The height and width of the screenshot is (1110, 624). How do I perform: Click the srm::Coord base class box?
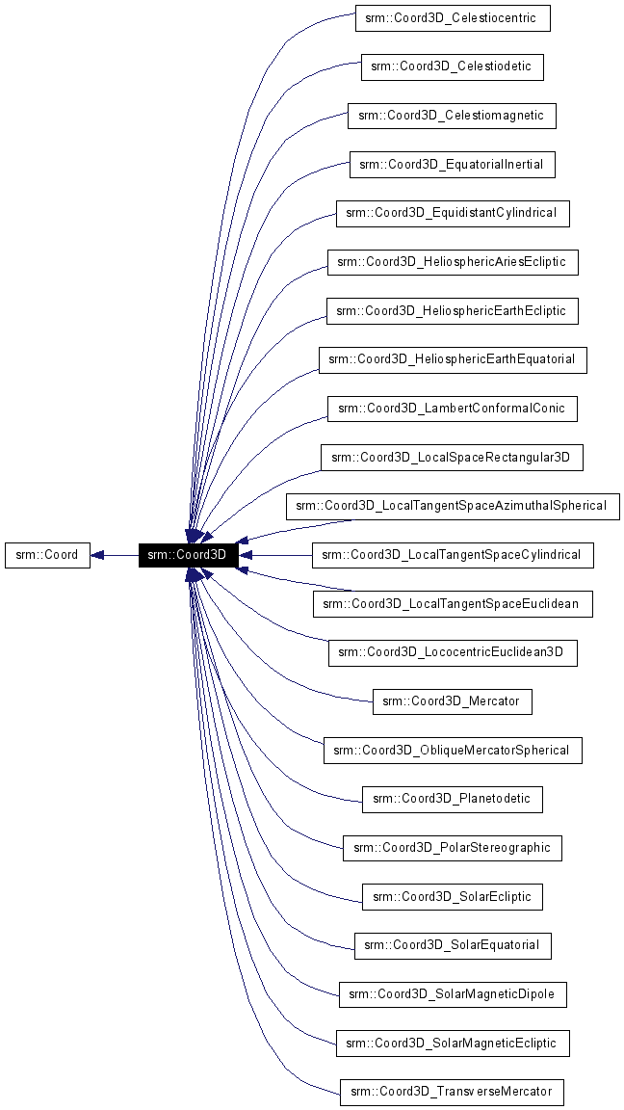click(x=47, y=555)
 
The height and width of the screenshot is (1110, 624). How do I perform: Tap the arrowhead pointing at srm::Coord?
click(x=98, y=555)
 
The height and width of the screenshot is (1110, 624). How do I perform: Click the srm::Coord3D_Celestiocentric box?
click(x=452, y=17)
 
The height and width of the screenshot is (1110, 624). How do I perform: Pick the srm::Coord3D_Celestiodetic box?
click(x=452, y=66)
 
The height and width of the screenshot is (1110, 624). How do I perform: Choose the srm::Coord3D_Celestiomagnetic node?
click(x=452, y=116)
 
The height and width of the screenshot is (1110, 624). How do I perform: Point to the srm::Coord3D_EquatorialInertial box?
click(x=452, y=165)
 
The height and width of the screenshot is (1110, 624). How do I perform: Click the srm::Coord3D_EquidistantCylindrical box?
click(x=452, y=213)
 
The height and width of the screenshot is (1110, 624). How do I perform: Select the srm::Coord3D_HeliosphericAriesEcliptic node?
click(x=452, y=262)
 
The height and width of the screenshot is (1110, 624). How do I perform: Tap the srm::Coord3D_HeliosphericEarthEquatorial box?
click(x=452, y=359)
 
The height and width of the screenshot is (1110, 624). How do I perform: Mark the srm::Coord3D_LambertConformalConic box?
click(x=452, y=409)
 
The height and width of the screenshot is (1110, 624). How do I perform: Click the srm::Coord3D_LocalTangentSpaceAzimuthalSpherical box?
click(x=452, y=506)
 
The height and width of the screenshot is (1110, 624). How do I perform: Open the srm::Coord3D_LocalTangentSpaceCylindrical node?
click(x=452, y=555)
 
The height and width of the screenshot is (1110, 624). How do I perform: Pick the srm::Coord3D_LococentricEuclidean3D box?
click(x=452, y=652)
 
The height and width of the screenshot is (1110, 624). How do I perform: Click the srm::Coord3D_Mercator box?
click(x=452, y=701)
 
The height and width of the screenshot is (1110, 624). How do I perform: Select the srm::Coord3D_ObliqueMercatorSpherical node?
click(x=452, y=751)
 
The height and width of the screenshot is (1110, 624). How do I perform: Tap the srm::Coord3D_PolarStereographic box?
click(x=452, y=848)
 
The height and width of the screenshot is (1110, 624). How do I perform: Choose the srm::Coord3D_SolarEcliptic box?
click(x=452, y=897)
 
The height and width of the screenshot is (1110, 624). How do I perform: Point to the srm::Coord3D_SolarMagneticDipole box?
click(x=452, y=994)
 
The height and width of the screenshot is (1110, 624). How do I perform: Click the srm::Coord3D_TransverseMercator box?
click(x=452, y=1093)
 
